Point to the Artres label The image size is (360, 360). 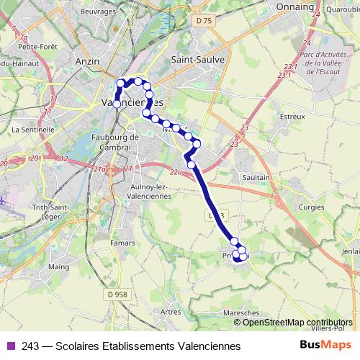pyautogui.click(x=171, y=312)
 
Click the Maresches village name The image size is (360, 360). pyautogui.click(x=241, y=313)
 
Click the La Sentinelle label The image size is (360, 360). pyautogui.click(x=33, y=130)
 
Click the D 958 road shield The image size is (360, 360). pyautogui.click(x=121, y=294)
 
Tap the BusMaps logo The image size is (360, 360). pyautogui.click(x=326, y=346)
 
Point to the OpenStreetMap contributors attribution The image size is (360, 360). pyautogui.click(x=298, y=323)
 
